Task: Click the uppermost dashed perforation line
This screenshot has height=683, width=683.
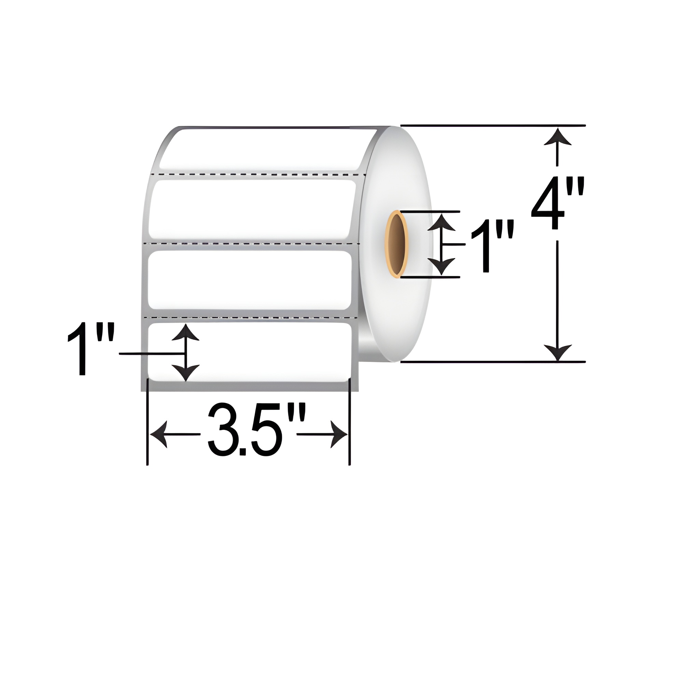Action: click(x=258, y=174)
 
